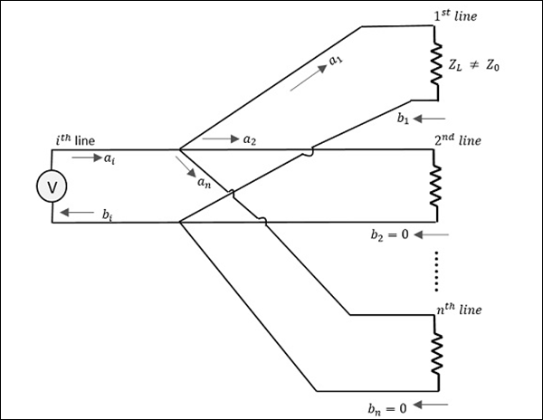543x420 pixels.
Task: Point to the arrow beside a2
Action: (x=218, y=139)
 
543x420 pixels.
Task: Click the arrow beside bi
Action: (x=79, y=214)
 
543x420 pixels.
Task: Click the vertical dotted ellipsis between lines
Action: (x=435, y=272)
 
